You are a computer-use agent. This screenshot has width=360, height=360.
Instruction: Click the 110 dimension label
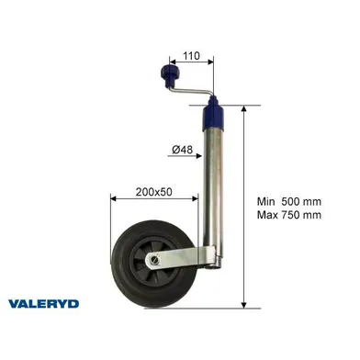(191, 54)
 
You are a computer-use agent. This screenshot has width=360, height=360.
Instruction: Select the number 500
(294, 201)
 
